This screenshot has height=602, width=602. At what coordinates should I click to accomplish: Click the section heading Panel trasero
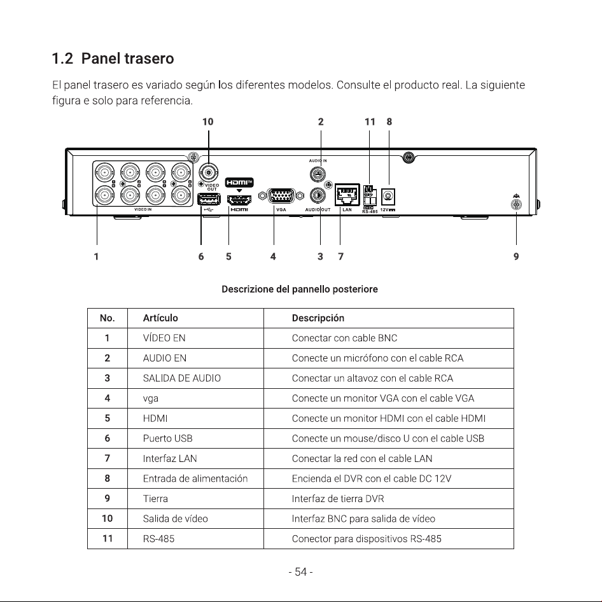click(x=113, y=59)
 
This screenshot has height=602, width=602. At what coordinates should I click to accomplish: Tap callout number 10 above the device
click(x=207, y=122)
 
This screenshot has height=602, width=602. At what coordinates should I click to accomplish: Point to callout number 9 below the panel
click(x=516, y=256)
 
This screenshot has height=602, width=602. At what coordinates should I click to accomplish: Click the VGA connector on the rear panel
click(x=281, y=196)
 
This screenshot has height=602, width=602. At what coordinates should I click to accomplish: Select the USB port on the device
click(x=209, y=199)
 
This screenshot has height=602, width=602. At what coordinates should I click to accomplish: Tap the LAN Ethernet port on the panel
click(x=347, y=195)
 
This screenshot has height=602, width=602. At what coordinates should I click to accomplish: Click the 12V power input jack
click(x=388, y=197)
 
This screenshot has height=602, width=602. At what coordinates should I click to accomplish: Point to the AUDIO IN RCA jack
click(x=318, y=174)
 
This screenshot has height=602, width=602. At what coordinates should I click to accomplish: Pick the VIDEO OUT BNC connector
click(x=209, y=172)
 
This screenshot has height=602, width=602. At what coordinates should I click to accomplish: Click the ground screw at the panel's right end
click(x=516, y=204)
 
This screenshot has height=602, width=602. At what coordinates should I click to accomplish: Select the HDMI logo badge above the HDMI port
click(x=239, y=183)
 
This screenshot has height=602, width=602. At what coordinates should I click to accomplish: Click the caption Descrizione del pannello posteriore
click(x=300, y=289)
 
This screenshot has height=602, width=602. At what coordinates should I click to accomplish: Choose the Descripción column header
click(x=318, y=318)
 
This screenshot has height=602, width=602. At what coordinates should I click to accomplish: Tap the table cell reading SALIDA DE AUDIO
click(x=181, y=378)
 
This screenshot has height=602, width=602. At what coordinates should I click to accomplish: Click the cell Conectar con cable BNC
click(x=344, y=338)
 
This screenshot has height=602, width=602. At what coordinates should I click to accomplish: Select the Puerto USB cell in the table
click(x=167, y=438)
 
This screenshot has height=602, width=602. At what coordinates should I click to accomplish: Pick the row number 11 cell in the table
click(x=108, y=538)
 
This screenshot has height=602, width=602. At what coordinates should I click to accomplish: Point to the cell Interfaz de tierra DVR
click(x=338, y=499)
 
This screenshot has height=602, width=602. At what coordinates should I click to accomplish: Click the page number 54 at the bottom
click(x=300, y=572)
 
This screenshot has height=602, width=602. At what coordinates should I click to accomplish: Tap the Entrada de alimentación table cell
click(x=195, y=479)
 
